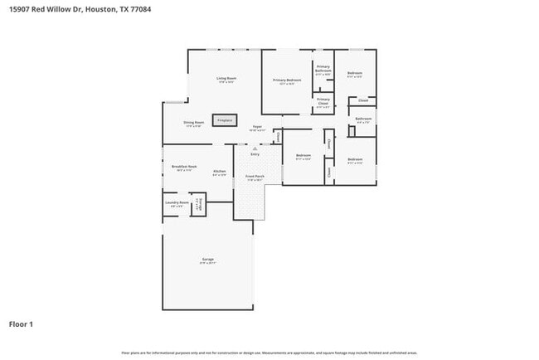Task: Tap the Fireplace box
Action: pyautogui.click(x=225, y=120)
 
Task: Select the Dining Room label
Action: pyautogui.click(x=194, y=123)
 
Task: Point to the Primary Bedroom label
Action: pyautogui.click(x=287, y=80)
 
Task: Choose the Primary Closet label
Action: pyautogui.click(x=323, y=104)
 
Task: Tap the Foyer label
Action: pyautogui.click(x=258, y=127)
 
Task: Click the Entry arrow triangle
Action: pyautogui.click(x=255, y=148)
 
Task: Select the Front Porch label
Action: pyautogui.click(x=254, y=177)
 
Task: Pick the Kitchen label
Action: pyautogui.click(x=219, y=172)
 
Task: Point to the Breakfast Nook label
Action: pyautogui.click(x=183, y=167)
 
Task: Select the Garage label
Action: pyautogui.click(x=207, y=260)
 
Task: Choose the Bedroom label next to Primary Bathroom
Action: pyautogui.click(x=354, y=74)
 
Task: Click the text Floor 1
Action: pyautogui.click(x=22, y=324)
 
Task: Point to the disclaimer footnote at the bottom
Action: pyautogui.click(x=269, y=352)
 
